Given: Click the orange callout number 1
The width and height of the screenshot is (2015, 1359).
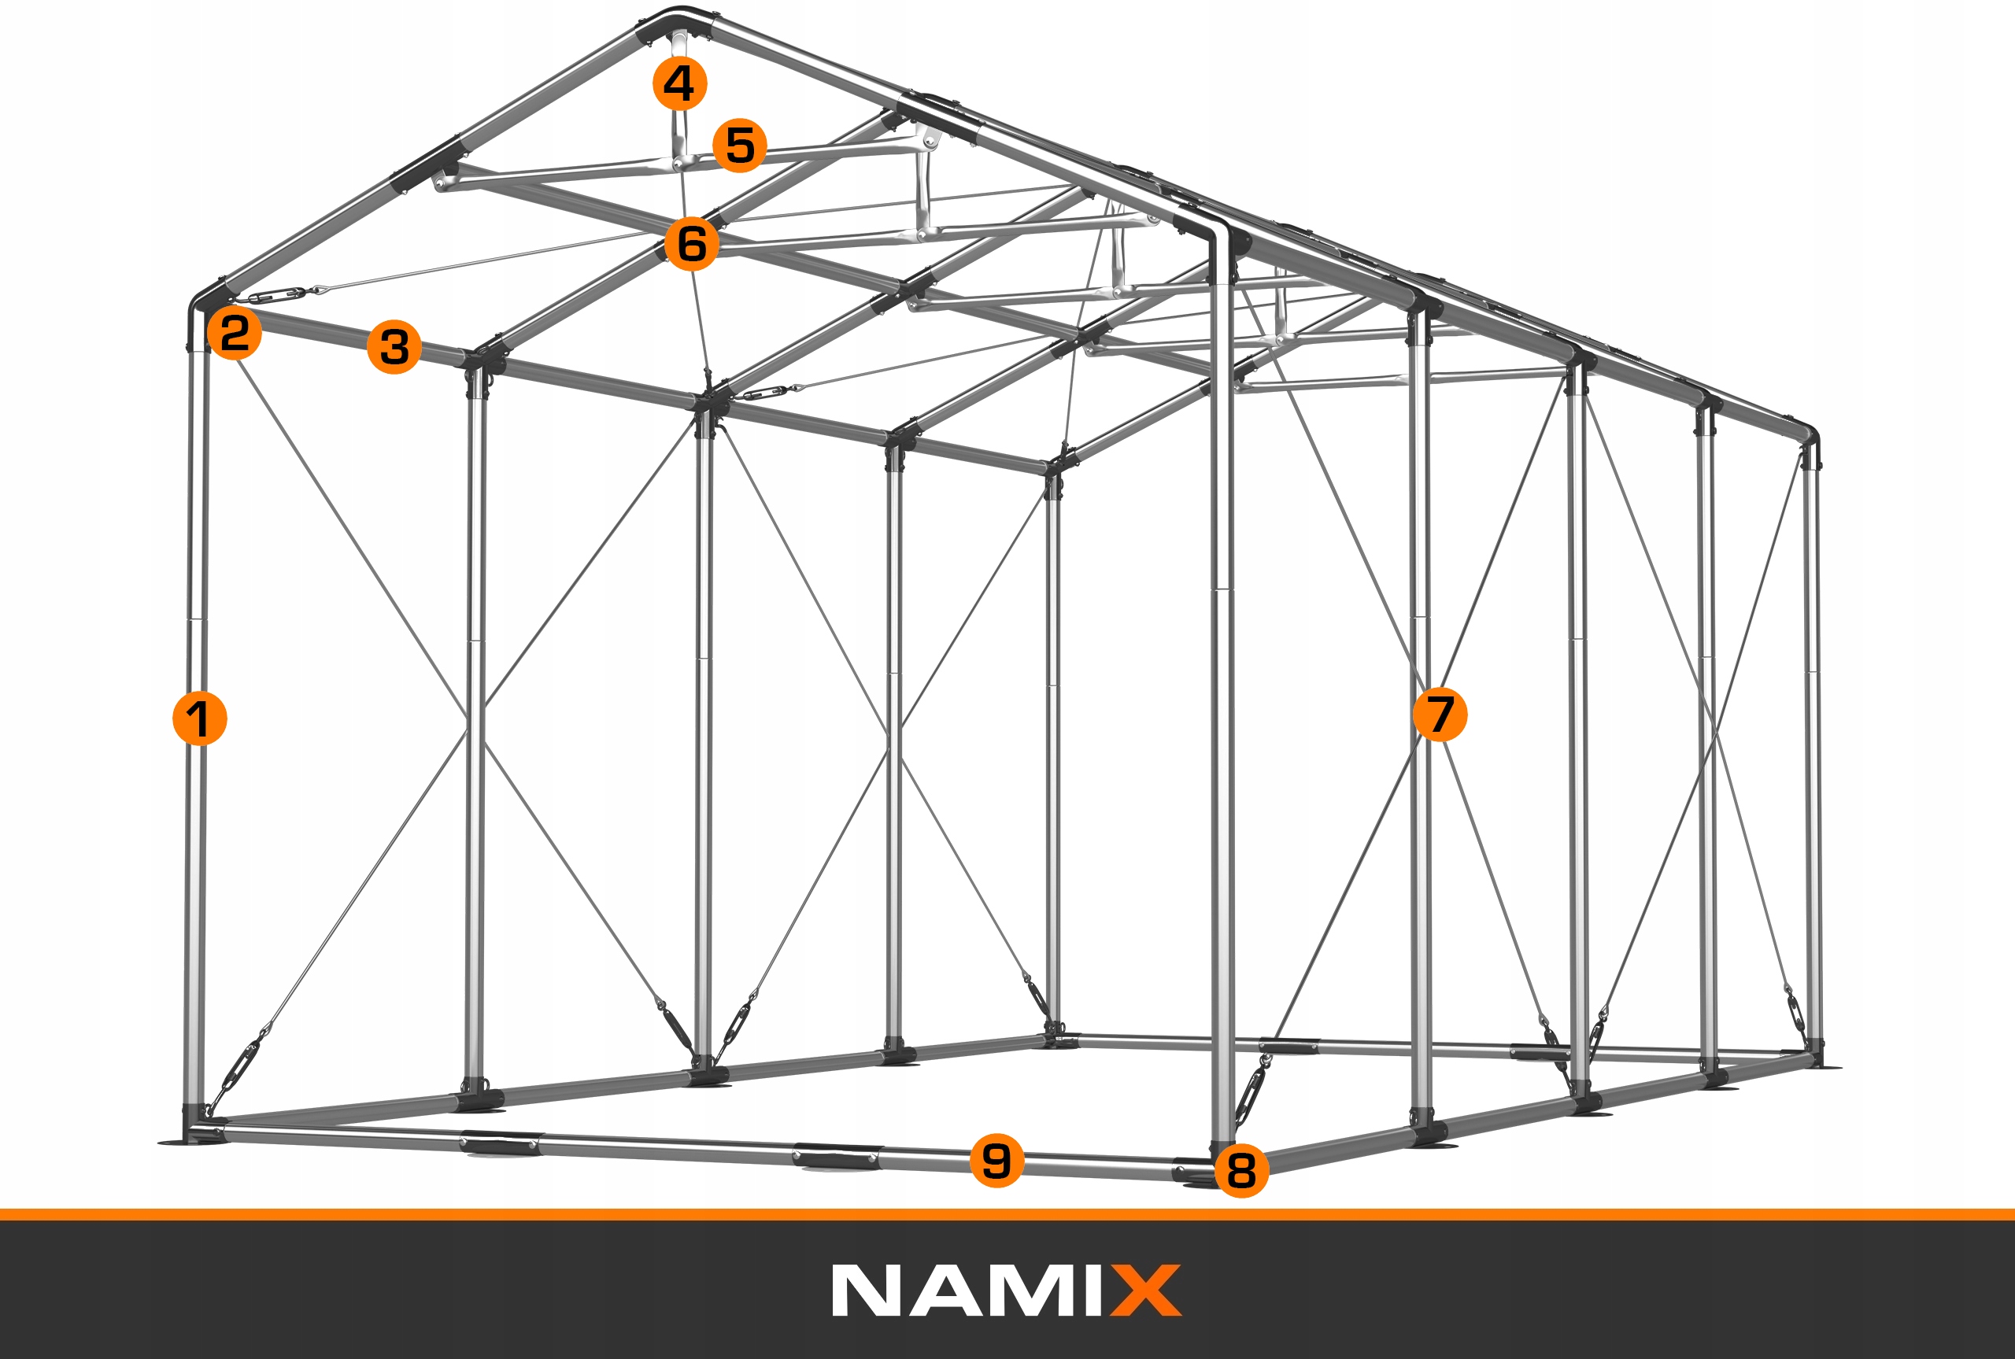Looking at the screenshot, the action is point(199,718).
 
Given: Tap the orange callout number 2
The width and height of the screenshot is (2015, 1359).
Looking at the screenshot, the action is point(234,332).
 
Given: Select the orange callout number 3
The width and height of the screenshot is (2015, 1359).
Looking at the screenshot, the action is point(394,347).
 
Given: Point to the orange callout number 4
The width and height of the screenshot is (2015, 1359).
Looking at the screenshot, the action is point(679,83).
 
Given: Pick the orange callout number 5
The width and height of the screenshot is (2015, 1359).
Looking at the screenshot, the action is point(739,145).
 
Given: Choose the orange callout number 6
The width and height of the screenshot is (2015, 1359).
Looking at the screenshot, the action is point(692,243).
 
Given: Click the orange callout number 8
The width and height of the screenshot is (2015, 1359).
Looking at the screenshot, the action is point(1241,1170).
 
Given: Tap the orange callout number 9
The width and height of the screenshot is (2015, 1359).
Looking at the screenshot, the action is point(996,1160).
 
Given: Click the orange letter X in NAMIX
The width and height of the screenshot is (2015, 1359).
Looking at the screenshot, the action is point(1146,1291).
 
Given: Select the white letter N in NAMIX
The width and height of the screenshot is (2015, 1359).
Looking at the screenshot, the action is point(867,1291).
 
